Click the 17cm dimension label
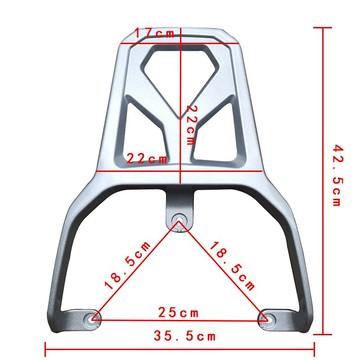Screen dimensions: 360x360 (154, 33)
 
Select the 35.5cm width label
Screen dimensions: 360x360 (184, 336)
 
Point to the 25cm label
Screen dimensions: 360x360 (178, 313)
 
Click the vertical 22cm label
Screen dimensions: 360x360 (190, 125)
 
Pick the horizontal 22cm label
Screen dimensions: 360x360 (147, 159)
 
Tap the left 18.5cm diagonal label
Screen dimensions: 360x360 (128, 265)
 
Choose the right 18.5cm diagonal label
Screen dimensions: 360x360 (232, 265)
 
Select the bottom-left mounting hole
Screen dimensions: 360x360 (92, 318)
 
